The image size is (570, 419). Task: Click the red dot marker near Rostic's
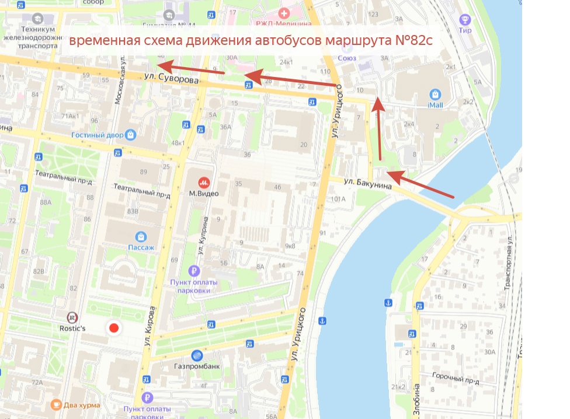click(114, 328)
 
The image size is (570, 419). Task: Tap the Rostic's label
click(72, 329)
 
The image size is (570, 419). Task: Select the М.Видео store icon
click(204, 182)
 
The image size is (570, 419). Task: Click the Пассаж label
click(141, 247)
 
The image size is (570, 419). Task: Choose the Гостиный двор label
click(98, 135)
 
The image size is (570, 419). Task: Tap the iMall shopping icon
click(435, 94)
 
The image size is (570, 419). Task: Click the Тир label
click(465, 30)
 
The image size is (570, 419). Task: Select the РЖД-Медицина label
click(283, 23)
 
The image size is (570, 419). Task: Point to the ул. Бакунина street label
click(368, 182)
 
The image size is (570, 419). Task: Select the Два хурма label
click(82, 404)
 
